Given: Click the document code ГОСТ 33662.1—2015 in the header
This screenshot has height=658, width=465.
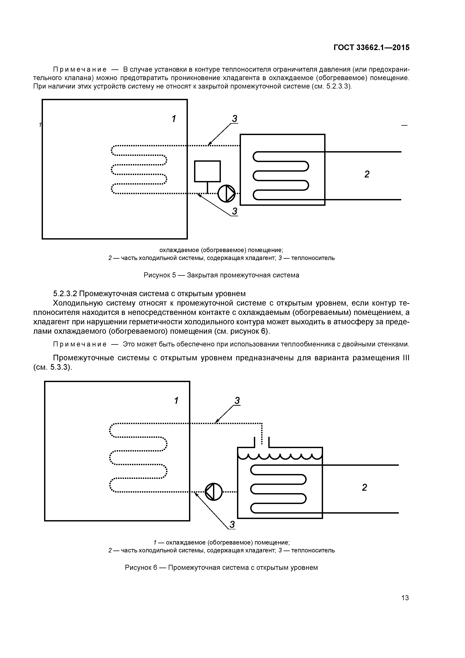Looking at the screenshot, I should pos(371,47).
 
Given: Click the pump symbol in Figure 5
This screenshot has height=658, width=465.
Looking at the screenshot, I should pos(226,193).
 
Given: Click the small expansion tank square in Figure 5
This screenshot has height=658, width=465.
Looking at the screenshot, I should pos(207,171).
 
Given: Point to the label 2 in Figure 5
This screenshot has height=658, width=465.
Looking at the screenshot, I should pos(367,174).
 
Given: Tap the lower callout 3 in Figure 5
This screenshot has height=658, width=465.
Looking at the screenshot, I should pos(235,211).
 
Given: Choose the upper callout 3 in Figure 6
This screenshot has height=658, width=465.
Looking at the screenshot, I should pos(237,401).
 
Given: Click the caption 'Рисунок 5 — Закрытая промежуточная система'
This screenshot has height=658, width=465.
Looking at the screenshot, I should pos(221,275).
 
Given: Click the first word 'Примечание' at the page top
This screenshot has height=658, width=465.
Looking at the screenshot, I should pos(80,69).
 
